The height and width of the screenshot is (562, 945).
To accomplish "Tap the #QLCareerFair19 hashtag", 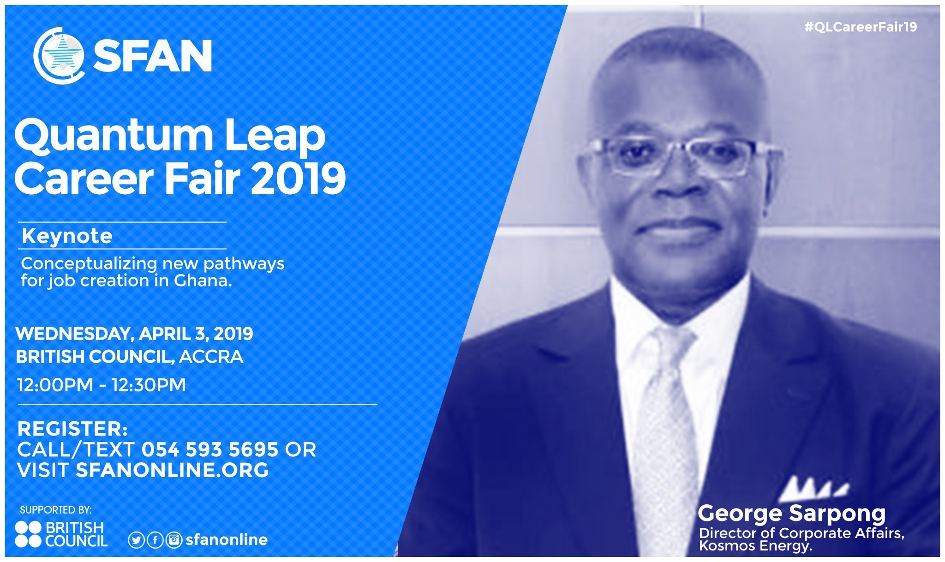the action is [861, 27].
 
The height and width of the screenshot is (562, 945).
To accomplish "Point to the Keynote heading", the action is [67, 236].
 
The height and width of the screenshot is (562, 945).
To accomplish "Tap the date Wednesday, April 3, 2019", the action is [134, 334].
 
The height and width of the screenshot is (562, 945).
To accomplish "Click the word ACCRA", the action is [211, 357].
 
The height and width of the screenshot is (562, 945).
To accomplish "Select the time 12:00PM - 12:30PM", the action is [102, 385].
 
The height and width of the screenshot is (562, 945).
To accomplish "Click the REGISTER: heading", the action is [72, 429].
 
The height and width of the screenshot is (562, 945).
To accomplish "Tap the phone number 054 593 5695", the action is [210, 449].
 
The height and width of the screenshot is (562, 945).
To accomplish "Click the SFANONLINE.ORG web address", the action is [172, 470].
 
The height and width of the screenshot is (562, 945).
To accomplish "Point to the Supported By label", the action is [56, 510].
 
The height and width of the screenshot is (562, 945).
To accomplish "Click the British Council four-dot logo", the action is [28, 534].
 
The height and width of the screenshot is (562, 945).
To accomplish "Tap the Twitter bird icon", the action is [136, 540].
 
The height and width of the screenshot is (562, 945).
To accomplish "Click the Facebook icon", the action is [155, 540].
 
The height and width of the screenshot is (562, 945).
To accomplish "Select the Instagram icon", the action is [174, 540].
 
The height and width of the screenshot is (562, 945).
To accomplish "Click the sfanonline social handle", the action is [227, 540].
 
